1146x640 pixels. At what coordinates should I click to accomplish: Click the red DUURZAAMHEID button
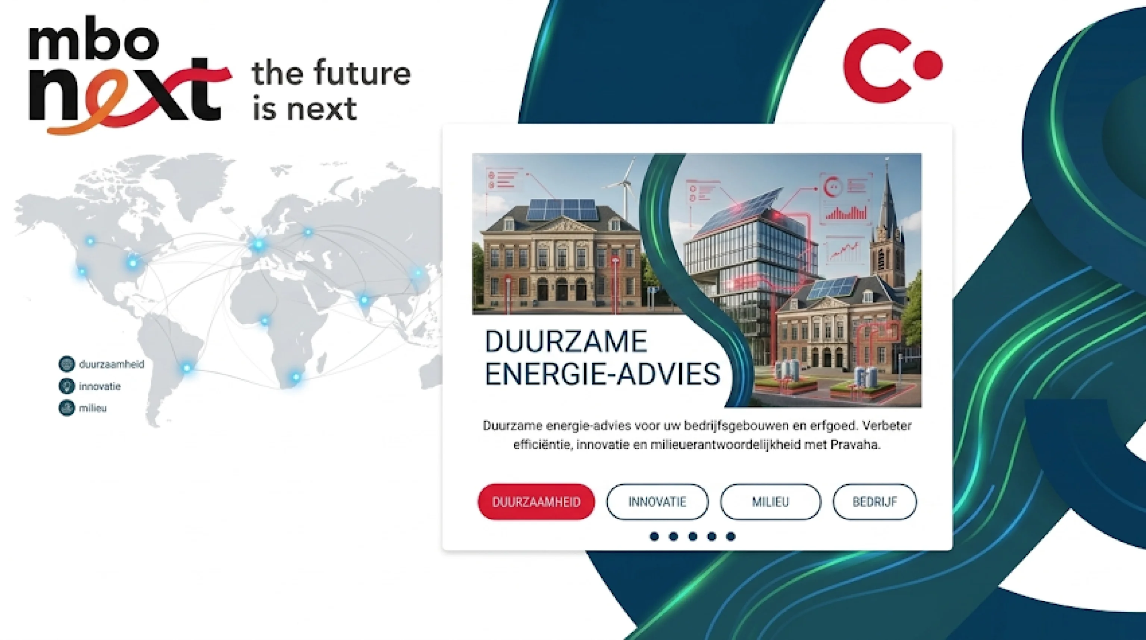point(536,502)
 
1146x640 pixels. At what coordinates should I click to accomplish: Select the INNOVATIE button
point(657,502)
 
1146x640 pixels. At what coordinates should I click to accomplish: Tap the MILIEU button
point(770,502)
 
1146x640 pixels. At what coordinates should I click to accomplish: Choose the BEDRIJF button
point(875,502)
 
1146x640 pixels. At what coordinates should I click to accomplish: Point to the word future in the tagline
point(362,73)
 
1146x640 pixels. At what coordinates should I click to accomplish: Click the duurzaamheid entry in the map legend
point(102,364)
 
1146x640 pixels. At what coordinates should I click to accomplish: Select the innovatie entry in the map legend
point(90,386)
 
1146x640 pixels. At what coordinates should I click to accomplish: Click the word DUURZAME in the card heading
point(566,342)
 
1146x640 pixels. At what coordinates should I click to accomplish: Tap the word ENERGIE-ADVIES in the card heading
point(602,374)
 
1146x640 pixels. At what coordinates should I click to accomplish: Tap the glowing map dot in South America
point(187,368)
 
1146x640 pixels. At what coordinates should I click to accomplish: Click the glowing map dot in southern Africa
point(296,377)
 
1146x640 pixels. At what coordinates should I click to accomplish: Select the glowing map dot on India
point(364,300)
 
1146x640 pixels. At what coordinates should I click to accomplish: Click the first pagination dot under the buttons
point(654,536)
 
